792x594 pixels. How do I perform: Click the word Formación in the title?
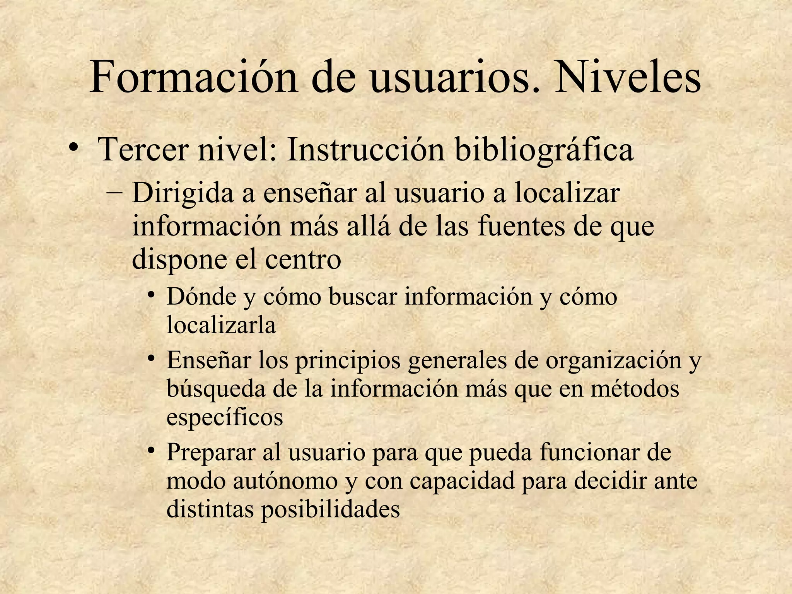(x=193, y=77)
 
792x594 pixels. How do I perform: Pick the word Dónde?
(x=201, y=297)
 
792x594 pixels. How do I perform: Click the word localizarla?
(x=221, y=325)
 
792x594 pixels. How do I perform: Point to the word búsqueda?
(x=216, y=390)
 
